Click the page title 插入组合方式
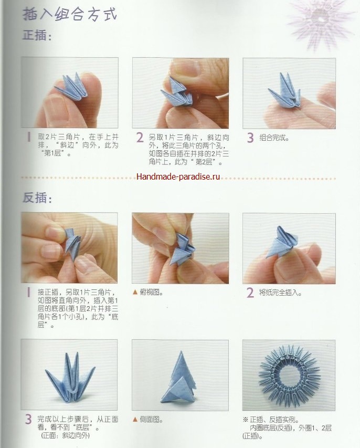point(70,15)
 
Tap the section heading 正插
point(37,36)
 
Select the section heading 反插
point(37,197)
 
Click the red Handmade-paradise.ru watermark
point(178,176)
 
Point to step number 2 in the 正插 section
point(140,138)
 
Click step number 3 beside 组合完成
point(250,138)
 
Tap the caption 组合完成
point(274,138)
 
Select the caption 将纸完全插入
point(280,293)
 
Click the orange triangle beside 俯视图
point(135,292)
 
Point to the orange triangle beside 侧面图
point(135,420)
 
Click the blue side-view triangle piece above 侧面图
point(179,377)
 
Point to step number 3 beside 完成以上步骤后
point(28,419)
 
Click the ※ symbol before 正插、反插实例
point(246,420)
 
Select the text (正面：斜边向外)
point(65,436)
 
